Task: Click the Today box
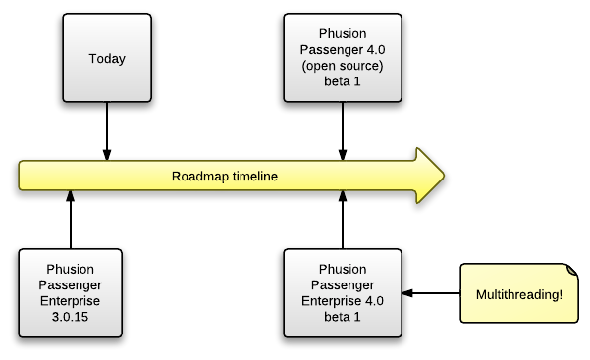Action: click(107, 58)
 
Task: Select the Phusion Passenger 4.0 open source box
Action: click(343, 58)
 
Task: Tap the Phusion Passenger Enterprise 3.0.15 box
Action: click(71, 293)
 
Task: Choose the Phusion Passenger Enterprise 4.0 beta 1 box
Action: click(343, 293)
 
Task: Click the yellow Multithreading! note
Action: click(519, 293)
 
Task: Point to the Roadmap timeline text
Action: click(225, 177)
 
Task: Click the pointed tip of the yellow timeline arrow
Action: click(443, 177)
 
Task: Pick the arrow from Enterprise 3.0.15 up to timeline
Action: click(71, 220)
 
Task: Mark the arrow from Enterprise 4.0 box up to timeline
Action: click(343, 220)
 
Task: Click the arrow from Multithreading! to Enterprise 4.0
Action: click(431, 293)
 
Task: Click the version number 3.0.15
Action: click(71, 317)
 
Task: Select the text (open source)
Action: click(343, 66)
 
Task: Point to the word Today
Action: click(107, 59)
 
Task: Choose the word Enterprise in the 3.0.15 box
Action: click(71, 301)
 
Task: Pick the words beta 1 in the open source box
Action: click(343, 81)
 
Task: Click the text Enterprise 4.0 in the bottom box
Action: click(343, 301)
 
